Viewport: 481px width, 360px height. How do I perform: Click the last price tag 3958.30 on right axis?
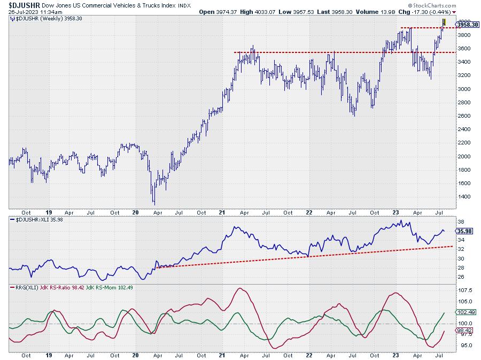467,25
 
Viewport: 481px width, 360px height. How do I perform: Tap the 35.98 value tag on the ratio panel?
463,231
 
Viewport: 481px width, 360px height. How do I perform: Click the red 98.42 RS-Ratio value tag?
463,331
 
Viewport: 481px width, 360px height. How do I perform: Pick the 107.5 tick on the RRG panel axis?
464,291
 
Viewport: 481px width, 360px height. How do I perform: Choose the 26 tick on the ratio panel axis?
460,277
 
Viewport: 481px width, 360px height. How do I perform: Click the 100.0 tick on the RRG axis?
464,324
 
